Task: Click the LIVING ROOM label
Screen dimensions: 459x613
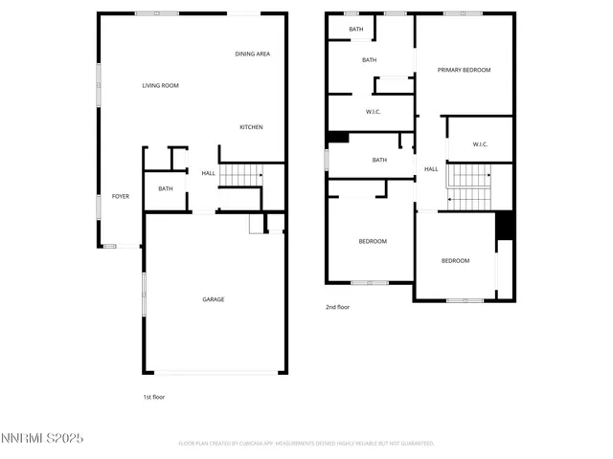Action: [160, 86]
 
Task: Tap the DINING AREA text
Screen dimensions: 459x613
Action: [252, 55]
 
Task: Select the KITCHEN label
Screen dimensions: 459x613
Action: [251, 127]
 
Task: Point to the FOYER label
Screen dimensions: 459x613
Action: [120, 196]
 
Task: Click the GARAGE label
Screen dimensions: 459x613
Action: [213, 299]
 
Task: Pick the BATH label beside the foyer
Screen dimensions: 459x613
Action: [166, 188]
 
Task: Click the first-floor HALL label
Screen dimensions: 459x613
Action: [208, 173]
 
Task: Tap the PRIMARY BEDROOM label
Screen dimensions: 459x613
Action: [464, 70]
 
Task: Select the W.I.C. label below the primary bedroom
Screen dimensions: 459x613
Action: [480, 144]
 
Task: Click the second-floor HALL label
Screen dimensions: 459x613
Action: [431, 169]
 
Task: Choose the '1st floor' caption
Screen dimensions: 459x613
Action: [153, 396]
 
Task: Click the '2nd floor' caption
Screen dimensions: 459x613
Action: [338, 307]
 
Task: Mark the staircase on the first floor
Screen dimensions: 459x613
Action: [240, 175]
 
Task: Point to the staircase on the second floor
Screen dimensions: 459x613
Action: [469, 186]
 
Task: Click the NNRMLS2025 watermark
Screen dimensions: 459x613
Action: [42, 438]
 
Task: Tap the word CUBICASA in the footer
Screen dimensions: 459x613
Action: [268, 444]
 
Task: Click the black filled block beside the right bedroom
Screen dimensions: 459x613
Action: [505, 226]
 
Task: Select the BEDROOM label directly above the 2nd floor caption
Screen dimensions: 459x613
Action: [373, 241]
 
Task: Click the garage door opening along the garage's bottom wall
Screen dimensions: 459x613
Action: [215, 373]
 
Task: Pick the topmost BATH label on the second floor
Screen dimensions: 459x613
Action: [356, 29]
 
